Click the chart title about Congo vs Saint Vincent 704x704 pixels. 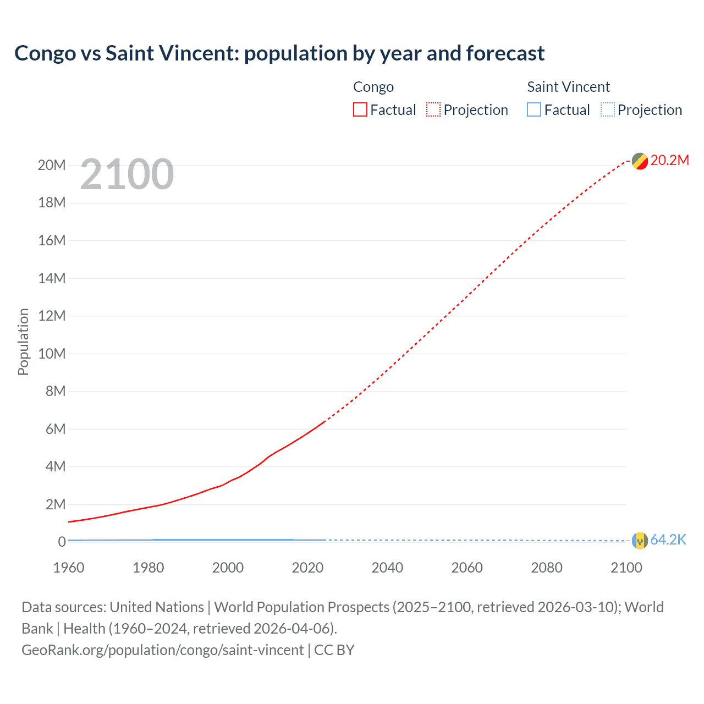pyautogui.click(x=279, y=53)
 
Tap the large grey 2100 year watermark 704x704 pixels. pyautogui.click(x=127, y=174)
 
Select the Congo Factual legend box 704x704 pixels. pyautogui.click(x=360, y=110)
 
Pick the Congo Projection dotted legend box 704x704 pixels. pyautogui.click(x=433, y=110)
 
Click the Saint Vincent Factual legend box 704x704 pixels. pyautogui.click(x=534, y=110)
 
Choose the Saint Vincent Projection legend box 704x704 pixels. pyautogui.click(x=607, y=110)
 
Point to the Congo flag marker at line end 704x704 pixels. pyautogui.click(x=640, y=161)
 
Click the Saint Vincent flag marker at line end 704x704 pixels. pyautogui.click(x=640, y=541)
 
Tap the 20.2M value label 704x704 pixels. pyautogui.click(x=669, y=160)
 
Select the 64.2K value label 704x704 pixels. pyautogui.click(x=668, y=540)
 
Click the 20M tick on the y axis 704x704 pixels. pyautogui.click(x=52, y=165)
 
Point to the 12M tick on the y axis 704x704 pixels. pyautogui.click(x=52, y=316)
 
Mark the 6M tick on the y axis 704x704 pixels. pyautogui.click(x=55, y=429)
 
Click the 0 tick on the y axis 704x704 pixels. pyautogui.click(x=62, y=542)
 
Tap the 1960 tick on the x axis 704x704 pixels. pyautogui.click(x=69, y=568)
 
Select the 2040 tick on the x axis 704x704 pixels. pyautogui.click(x=387, y=568)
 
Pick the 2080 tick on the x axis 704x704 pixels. pyautogui.click(x=547, y=568)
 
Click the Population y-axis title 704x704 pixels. pyautogui.click(x=23, y=342)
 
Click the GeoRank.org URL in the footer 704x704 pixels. pyautogui.click(x=163, y=650)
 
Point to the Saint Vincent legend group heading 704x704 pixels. pyautogui.click(x=568, y=87)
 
